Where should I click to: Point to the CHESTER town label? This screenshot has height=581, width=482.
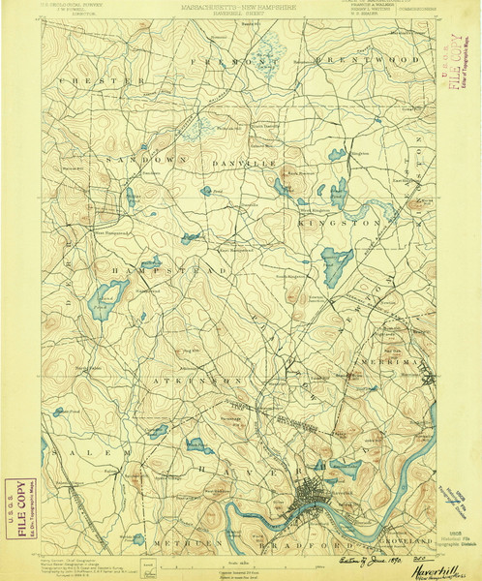pos(94,81)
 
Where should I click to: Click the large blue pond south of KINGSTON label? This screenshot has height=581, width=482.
pos(337,261)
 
